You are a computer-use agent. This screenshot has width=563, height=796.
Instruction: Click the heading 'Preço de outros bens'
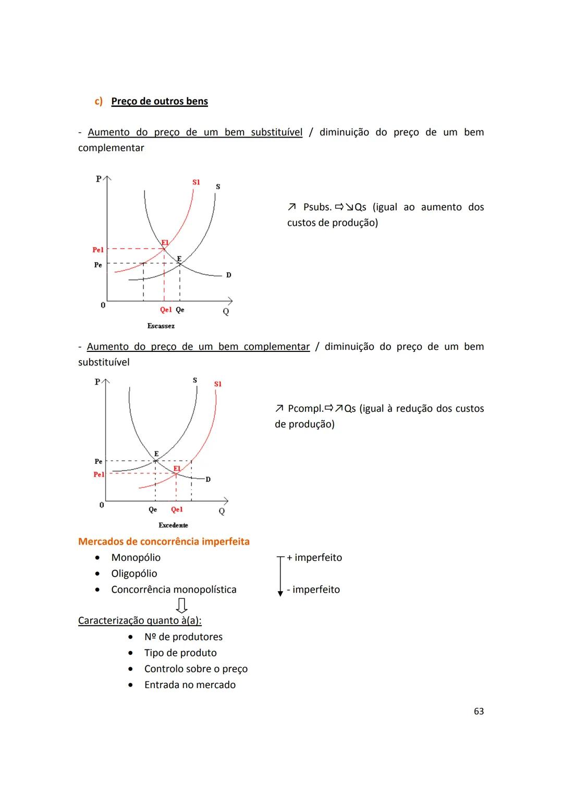tap(160, 101)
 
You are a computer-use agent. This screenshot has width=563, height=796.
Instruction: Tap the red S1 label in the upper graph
tap(196, 182)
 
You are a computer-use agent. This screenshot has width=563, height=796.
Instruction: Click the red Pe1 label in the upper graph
tap(98, 250)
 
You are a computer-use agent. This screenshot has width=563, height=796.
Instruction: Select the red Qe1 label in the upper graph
tap(166, 310)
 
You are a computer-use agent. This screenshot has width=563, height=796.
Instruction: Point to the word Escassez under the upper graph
tap(161, 326)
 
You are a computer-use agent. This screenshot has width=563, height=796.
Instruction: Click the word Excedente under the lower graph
tap(173, 525)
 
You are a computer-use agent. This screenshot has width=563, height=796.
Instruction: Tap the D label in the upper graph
tap(228, 275)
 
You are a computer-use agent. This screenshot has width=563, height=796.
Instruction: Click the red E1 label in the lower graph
tap(177, 469)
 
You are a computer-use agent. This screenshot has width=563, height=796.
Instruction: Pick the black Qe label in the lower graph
tap(153, 509)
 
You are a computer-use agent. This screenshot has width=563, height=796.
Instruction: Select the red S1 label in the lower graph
tap(218, 384)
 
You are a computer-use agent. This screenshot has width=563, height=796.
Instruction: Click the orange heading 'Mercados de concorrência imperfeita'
tap(164, 541)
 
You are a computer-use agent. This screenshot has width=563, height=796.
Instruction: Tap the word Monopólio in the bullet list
tap(136, 557)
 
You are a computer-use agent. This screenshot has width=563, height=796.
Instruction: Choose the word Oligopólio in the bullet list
tap(134, 573)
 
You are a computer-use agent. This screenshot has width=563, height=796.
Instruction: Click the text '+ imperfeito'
tap(314, 557)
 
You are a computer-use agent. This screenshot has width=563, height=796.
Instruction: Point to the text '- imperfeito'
tap(313, 590)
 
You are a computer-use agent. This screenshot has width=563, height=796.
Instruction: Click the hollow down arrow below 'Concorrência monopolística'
tap(181, 605)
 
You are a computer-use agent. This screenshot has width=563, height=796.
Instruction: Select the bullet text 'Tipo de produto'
tap(180, 653)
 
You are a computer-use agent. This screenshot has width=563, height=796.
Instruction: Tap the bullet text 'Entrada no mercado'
tap(190, 684)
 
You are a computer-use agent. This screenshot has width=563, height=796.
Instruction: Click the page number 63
tap(479, 711)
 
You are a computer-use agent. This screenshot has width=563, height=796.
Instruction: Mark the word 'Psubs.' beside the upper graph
tap(317, 207)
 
